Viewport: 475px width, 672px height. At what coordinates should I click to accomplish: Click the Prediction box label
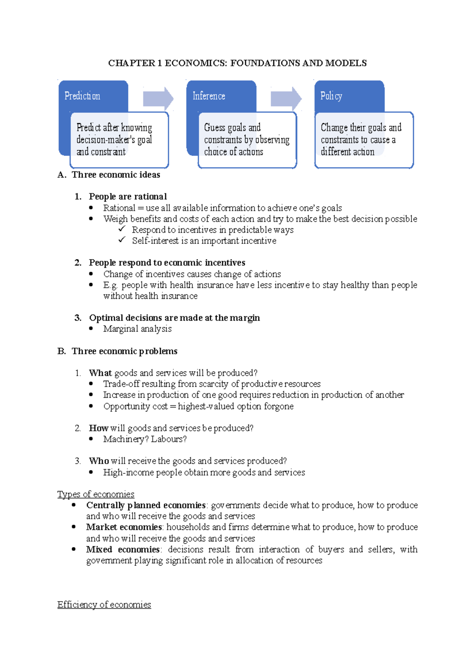[x=82, y=96]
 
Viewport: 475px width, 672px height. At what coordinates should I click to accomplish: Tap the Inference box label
[x=209, y=96]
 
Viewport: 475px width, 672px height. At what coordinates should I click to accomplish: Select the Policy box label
[x=331, y=96]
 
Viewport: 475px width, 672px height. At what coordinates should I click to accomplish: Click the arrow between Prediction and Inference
[x=158, y=99]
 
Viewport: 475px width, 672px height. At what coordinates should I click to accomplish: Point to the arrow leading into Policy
[x=286, y=99]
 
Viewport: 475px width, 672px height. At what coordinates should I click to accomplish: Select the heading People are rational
[x=127, y=197]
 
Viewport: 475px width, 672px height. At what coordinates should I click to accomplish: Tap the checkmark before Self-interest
[x=122, y=240]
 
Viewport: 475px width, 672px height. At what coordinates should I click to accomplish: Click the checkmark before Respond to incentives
[x=122, y=229]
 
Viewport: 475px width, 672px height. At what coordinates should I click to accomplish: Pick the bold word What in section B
[x=100, y=373]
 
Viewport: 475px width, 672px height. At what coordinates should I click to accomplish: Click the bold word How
[x=99, y=428]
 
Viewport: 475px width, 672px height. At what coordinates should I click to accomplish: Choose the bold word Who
[x=99, y=461]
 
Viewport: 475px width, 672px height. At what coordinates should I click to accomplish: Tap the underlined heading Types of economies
[x=96, y=494]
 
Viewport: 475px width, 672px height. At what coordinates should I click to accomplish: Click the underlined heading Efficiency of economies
[x=104, y=604]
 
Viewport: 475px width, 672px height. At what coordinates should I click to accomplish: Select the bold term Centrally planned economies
[x=146, y=505]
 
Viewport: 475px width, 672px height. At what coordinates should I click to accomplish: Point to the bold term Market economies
[x=124, y=527]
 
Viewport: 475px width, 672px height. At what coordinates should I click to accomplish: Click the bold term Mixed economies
[x=123, y=549]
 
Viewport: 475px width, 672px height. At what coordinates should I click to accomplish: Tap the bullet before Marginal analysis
[x=91, y=328]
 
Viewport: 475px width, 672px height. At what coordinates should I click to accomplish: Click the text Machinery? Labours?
[x=144, y=439]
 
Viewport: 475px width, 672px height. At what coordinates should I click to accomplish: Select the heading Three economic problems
[x=124, y=351]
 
